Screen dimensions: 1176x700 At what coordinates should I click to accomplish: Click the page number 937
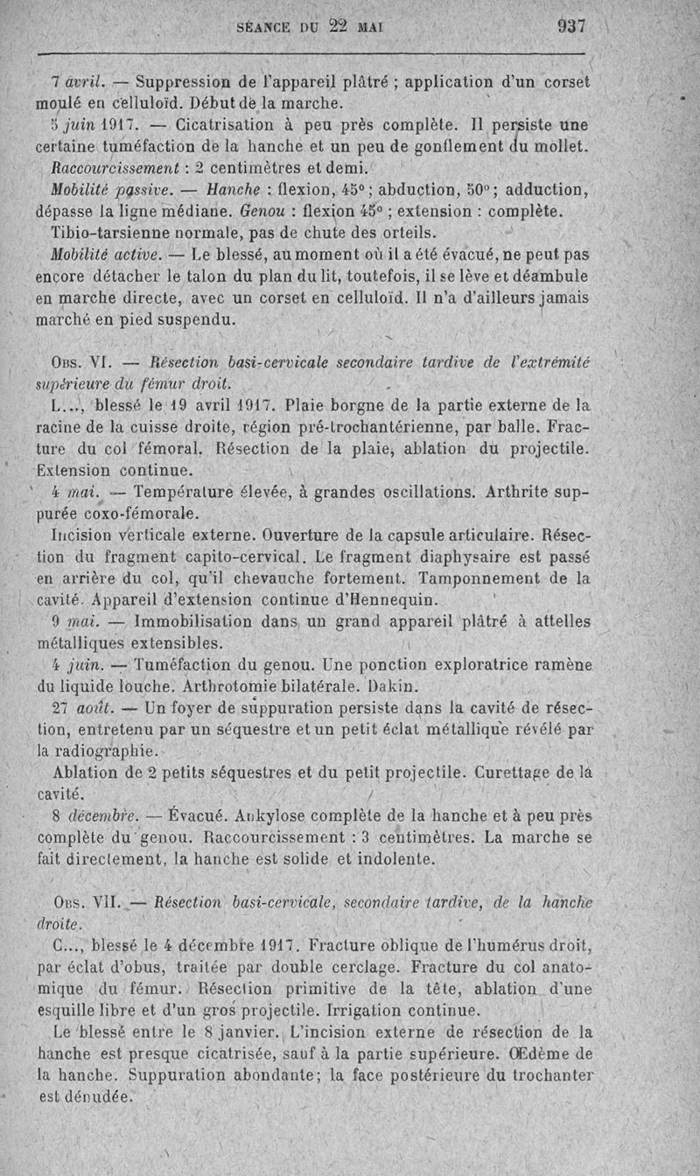tap(569, 26)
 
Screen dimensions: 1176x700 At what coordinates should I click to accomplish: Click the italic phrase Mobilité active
tap(106, 255)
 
